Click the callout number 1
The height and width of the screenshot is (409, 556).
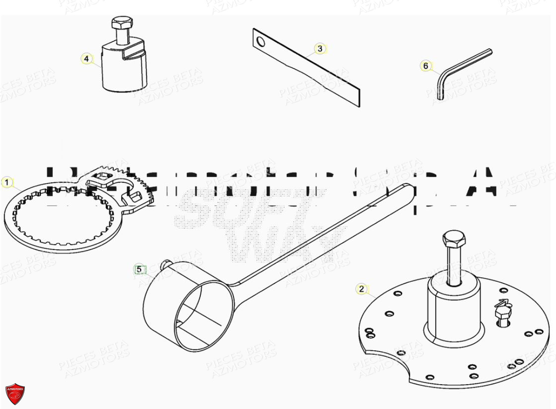point(6,182)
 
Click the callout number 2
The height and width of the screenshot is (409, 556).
point(361,289)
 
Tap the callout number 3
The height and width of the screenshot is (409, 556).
point(320,48)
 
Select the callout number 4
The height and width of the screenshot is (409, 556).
point(86,59)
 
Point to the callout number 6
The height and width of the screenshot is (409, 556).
point(425,66)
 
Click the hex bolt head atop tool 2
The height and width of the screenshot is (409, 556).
point(453,240)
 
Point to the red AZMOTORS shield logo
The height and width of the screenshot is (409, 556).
point(14,395)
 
